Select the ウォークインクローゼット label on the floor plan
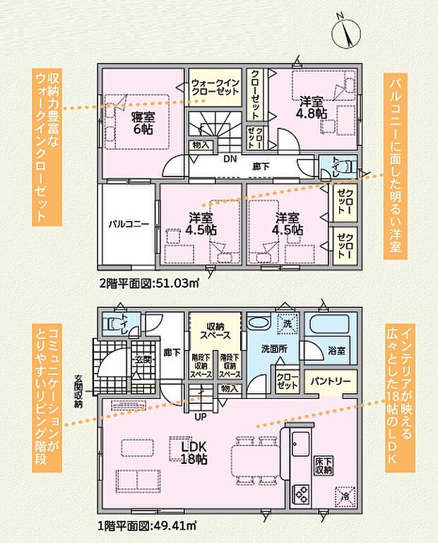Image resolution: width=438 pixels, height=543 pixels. pos(215,88)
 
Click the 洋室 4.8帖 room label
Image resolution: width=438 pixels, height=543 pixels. pos(312,107)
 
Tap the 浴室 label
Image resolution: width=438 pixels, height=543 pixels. pos(336,350)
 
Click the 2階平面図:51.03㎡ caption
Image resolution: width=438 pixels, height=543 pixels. pos(149,284)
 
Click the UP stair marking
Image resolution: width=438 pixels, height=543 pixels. pos(201,415)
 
